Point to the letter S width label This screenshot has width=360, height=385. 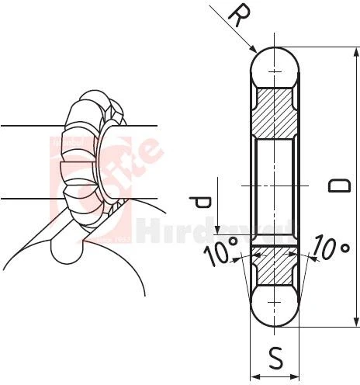pyautogui.click(x=275, y=358)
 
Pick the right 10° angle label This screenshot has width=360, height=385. pyautogui.click(x=331, y=248)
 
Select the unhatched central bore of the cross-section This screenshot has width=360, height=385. pyautogui.click(x=275, y=186)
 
